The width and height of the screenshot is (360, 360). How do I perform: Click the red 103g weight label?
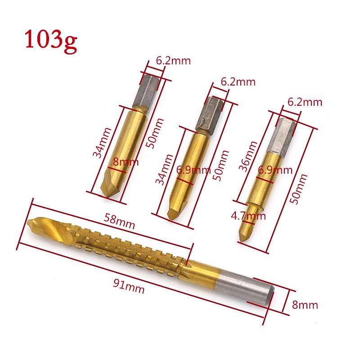51,41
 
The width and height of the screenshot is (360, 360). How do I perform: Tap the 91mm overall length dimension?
129,286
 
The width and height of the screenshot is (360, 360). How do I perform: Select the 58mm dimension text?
119,221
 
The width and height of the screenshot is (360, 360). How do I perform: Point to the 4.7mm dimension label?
248,216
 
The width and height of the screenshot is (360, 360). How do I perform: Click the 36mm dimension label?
247,156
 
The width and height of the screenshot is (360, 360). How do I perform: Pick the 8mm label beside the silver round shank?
305,305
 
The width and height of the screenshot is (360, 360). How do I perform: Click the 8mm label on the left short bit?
126,162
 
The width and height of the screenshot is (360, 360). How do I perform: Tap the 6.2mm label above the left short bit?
173,61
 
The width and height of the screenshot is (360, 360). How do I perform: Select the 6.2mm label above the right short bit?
305,102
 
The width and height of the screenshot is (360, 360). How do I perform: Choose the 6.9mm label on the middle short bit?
193,170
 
